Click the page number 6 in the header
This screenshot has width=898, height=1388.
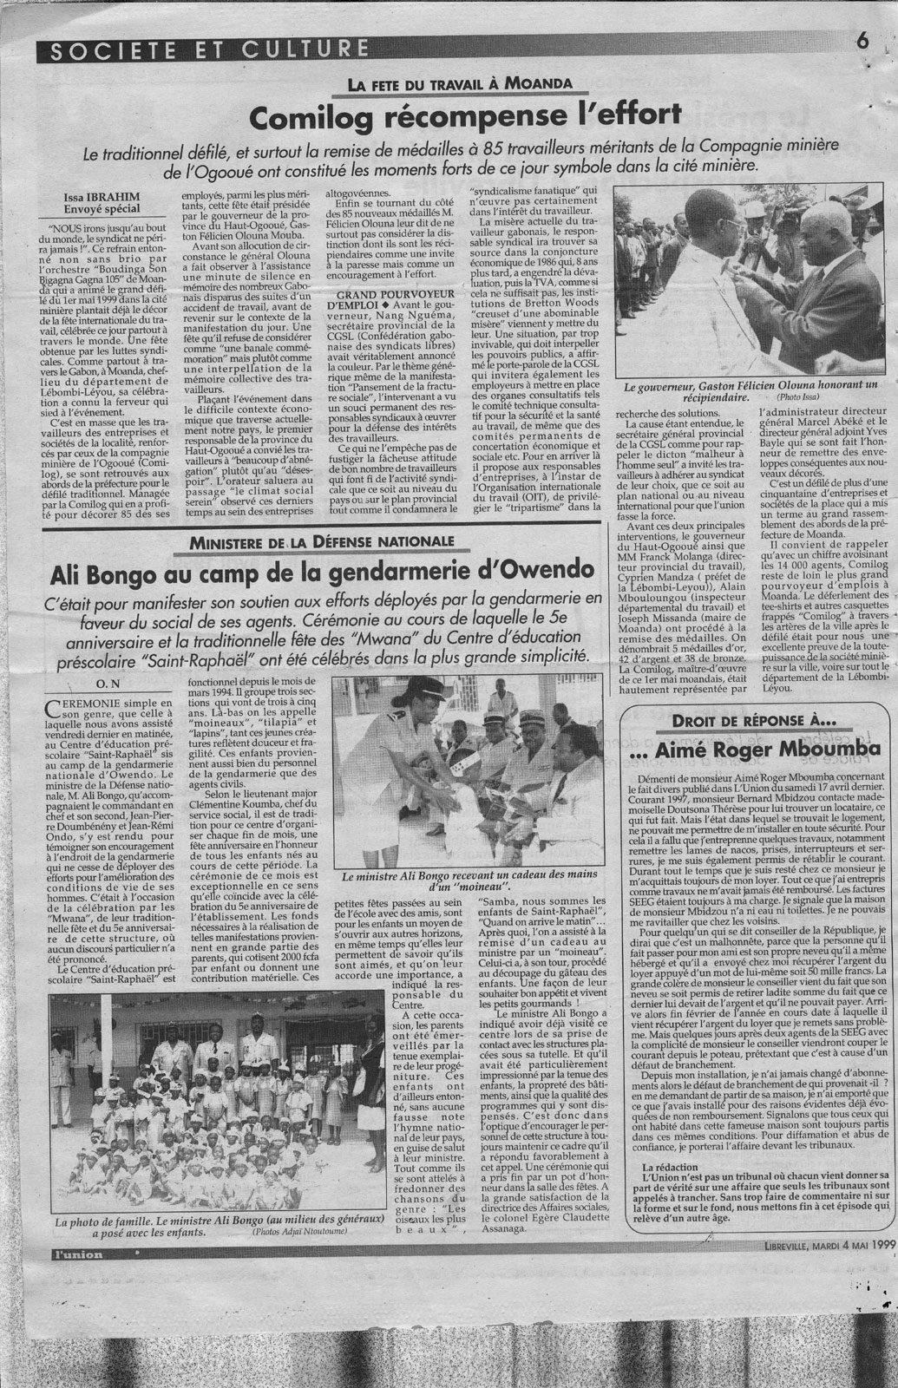click(862, 39)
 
